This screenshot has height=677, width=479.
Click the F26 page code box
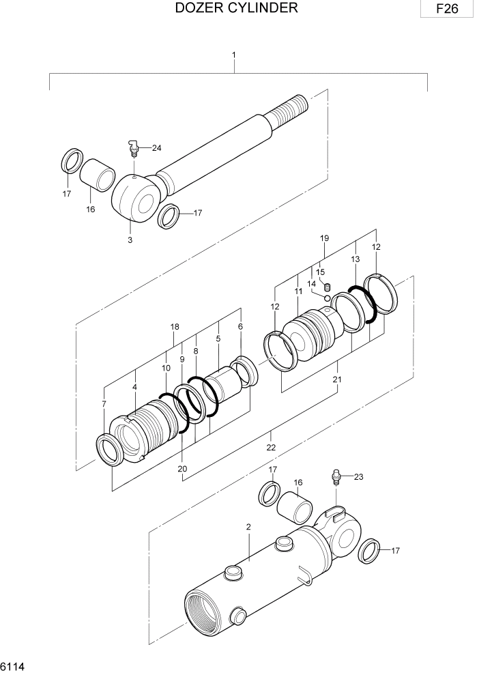click(446, 10)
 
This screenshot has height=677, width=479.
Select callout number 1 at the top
click(234, 54)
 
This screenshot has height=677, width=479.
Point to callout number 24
click(157, 148)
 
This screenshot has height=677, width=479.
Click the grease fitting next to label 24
click(134, 148)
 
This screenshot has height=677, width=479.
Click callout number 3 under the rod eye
click(130, 240)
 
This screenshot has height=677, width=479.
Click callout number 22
click(271, 447)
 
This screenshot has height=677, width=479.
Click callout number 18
click(175, 327)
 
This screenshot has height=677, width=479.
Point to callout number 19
click(324, 238)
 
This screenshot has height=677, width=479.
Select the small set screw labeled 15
click(327, 286)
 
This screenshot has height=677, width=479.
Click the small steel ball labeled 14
click(328, 298)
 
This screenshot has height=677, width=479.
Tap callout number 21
click(337, 379)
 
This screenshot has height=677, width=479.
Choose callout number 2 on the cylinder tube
click(248, 527)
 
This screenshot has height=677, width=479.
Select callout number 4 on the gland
click(134, 387)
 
